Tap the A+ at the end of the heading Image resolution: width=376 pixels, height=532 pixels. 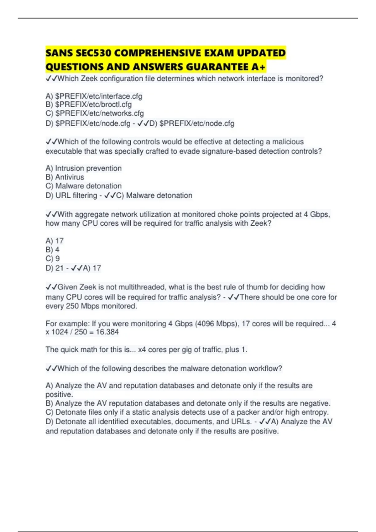coord(258,67)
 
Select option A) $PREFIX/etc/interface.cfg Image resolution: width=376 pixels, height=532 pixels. coord(94,96)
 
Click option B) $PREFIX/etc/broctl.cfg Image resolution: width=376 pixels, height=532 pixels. coord(89,105)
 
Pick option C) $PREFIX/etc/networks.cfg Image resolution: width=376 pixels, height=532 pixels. coord(95,113)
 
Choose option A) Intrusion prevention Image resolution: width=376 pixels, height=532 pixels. coord(84,168)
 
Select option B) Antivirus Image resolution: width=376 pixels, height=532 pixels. coord(65,177)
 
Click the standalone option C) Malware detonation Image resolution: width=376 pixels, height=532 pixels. coord(84,186)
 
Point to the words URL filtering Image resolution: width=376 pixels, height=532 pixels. coord(76,196)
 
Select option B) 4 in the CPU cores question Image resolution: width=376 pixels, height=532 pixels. coord(53,250)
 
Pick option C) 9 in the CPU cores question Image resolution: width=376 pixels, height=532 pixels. coord(53,258)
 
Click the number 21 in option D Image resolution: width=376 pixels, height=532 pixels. coord(60,268)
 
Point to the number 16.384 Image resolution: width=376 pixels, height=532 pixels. coord(107,332)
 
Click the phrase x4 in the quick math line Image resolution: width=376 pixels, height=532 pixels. coord(142,350)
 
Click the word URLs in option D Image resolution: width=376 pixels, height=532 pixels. coord(241,422)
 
